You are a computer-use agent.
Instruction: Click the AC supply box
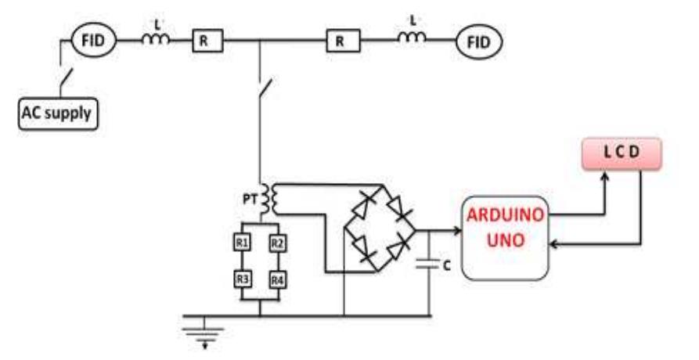pyautogui.click(x=57, y=116)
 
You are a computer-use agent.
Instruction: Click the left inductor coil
pyautogui.click(x=154, y=39)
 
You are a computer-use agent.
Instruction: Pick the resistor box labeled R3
pyautogui.click(x=241, y=279)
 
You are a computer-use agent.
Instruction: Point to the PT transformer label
pyautogui.click(x=247, y=199)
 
